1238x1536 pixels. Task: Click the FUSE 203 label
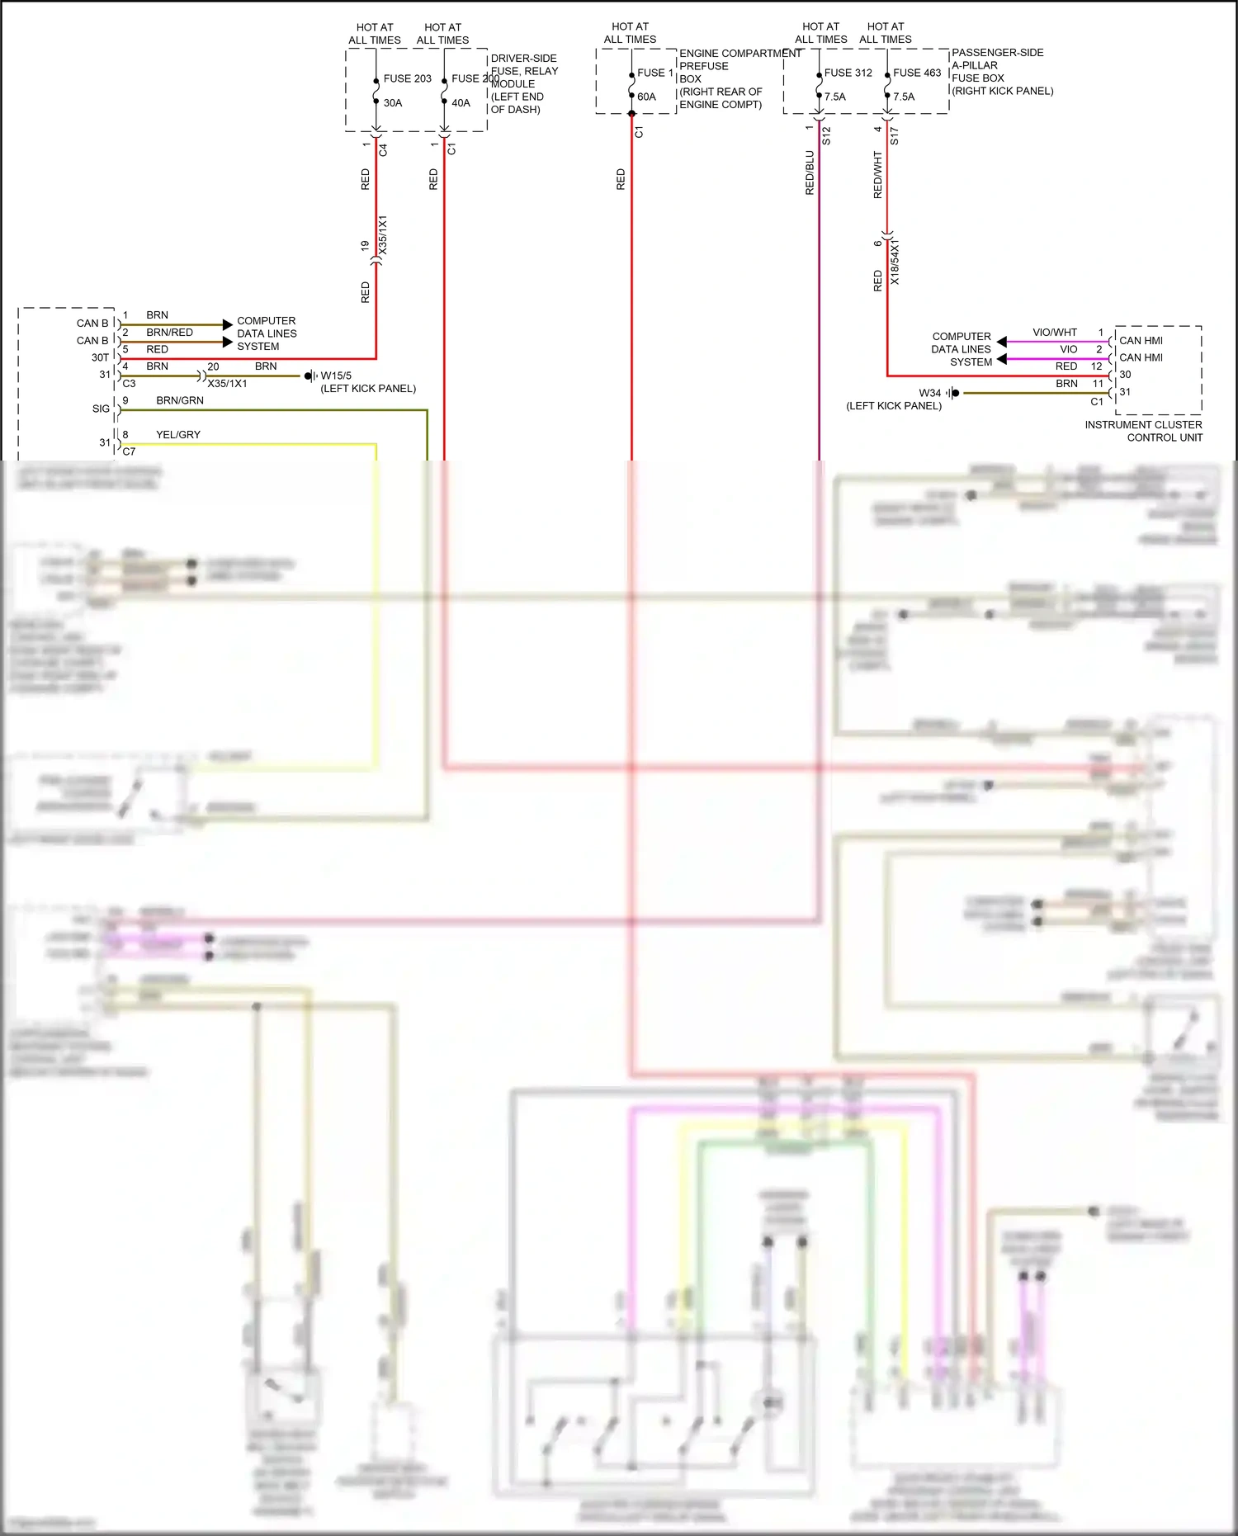(407, 78)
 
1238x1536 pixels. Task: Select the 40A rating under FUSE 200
(461, 103)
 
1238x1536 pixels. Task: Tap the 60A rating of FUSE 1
(646, 97)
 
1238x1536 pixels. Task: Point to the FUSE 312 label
(848, 73)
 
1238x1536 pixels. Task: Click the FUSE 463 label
(916, 73)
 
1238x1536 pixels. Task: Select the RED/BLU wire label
(810, 173)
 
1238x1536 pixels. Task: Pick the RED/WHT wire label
(877, 174)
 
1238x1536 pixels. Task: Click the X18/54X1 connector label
(895, 262)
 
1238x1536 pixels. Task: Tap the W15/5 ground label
(336, 376)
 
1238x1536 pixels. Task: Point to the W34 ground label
(929, 393)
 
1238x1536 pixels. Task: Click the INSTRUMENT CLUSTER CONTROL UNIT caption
(1143, 431)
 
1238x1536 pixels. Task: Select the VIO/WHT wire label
(1054, 332)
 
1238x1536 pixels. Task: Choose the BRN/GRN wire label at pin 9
(179, 400)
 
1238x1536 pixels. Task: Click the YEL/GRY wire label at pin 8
(177, 434)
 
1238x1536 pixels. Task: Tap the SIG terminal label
(101, 409)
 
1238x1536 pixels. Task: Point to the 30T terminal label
(100, 357)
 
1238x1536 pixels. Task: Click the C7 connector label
(129, 451)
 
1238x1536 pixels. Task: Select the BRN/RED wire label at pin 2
(169, 332)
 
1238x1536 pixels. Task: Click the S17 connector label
(894, 136)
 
